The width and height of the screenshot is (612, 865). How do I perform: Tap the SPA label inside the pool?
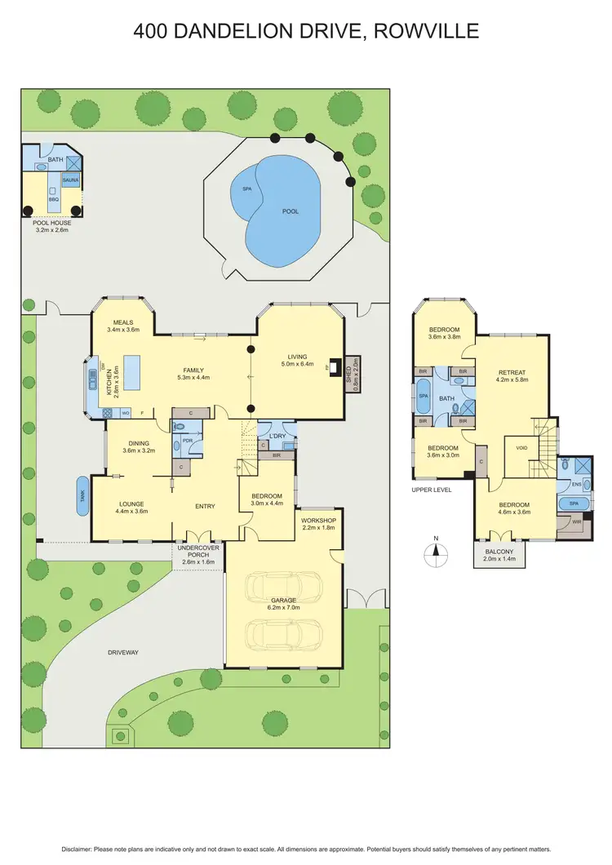tap(246, 189)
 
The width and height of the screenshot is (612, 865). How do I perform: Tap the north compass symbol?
tap(436, 551)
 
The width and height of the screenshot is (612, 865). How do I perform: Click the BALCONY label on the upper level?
tap(499, 552)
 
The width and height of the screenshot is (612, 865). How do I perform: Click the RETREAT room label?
tap(512, 371)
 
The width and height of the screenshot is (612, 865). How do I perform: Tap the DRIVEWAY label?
tap(124, 652)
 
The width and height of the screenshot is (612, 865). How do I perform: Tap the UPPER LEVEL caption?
tap(432, 490)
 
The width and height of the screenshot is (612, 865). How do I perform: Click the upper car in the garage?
tap(284, 585)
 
